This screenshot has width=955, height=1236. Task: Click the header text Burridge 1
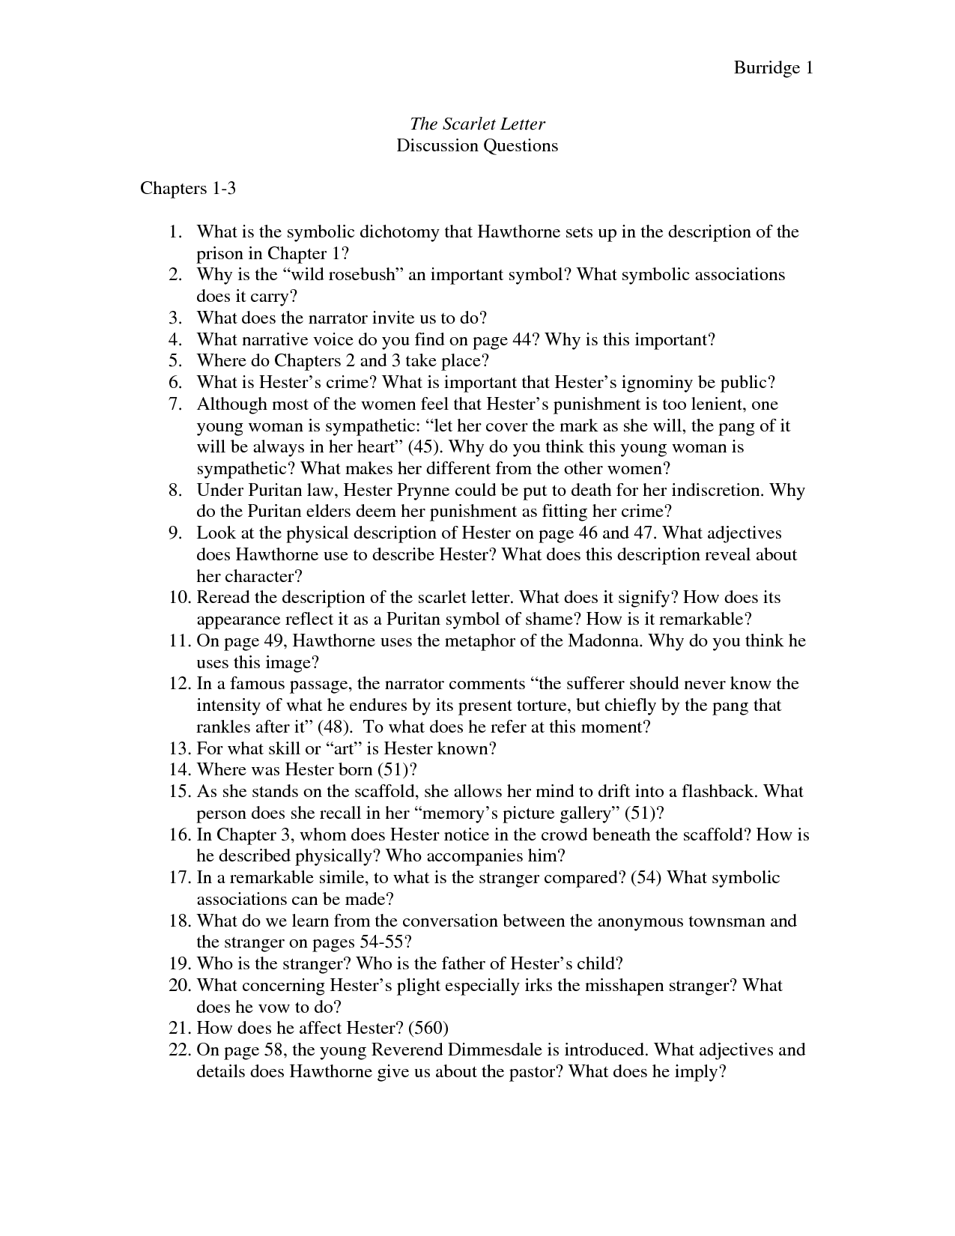click(773, 68)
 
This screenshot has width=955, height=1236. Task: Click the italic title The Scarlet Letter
click(477, 124)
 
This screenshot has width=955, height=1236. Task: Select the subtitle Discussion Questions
click(477, 145)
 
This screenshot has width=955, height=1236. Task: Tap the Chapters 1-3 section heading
click(188, 188)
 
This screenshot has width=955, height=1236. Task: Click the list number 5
click(175, 361)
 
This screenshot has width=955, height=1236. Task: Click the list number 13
click(178, 748)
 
